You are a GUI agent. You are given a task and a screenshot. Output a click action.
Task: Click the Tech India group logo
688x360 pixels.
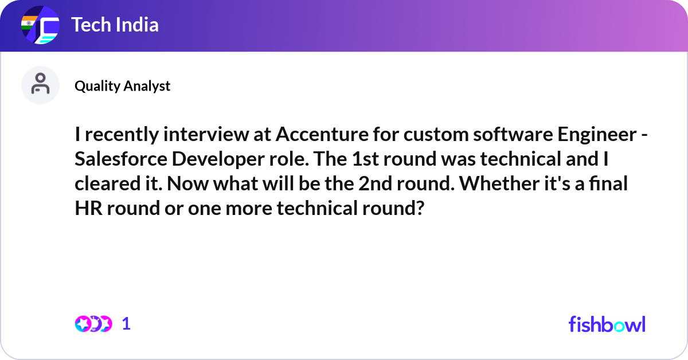tap(40, 25)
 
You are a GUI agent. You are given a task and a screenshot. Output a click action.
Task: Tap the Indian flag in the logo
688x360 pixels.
tap(29, 23)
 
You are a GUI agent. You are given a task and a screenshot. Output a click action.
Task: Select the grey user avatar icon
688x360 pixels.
tap(40, 85)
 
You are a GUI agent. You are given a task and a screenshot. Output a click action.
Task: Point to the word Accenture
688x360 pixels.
tap(322, 134)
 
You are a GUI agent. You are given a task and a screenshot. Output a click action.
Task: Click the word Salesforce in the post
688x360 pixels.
tap(121, 159)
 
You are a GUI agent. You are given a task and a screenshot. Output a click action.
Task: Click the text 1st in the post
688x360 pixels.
tap(365, 159)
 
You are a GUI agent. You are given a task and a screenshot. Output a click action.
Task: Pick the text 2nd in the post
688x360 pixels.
tap(376, 183)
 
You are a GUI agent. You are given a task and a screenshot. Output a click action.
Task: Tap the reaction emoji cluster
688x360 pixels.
tap(93, 324)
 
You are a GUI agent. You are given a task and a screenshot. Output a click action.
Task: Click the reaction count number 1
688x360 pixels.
tap(126, 324)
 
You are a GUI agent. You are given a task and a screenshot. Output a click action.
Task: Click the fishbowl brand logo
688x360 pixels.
tap(607, 324)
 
